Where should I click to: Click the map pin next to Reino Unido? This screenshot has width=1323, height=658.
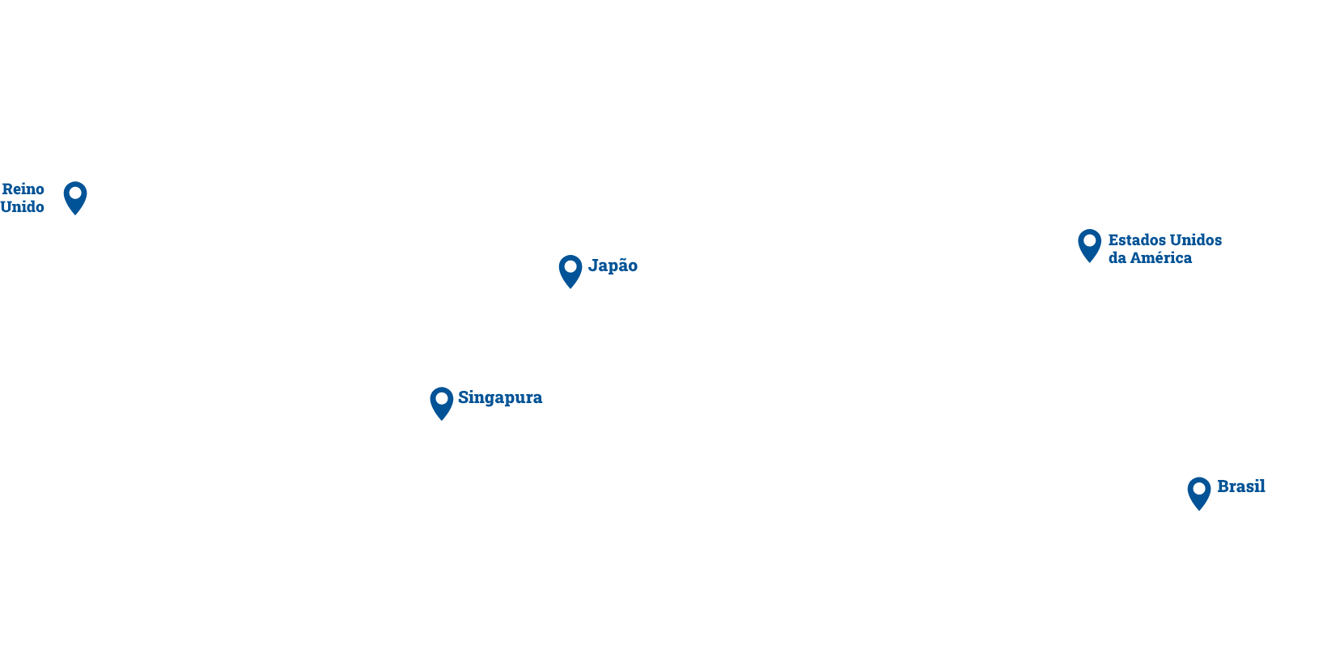pos(75,197)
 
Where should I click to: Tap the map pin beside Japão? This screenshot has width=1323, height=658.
pos(570,271)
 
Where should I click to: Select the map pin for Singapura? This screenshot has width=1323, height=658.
pos(441,403)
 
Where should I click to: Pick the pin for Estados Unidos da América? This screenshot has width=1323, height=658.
pos(1089,245)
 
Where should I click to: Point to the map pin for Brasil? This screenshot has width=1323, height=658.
pos(1199,493)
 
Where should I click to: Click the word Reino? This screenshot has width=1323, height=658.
pos(23,189)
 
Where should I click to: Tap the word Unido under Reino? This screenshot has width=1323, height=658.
pos(22,206)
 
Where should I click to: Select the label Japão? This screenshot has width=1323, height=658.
pos(613,265)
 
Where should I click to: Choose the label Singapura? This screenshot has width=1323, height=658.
pos(500,398)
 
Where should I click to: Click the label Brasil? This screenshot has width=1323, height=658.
pos(1241,486)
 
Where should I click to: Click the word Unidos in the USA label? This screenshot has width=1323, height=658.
pos(1196,240)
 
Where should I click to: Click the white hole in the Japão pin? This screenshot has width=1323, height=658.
pos(570,266)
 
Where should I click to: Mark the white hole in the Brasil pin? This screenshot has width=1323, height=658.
pos(1199,489)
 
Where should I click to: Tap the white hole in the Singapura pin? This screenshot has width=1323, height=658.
pos(441,399)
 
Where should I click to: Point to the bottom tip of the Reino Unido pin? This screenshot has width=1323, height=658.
pos(75,215)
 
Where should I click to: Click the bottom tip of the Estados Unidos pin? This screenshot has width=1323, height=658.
pos(1089,262)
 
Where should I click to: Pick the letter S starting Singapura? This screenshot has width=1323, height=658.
pos(463,397)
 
